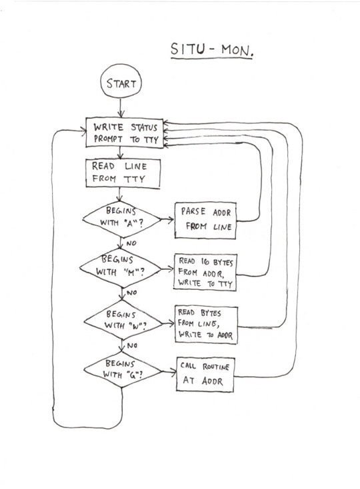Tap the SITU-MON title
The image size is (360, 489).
point(212,49)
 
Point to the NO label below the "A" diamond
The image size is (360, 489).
point(131,243)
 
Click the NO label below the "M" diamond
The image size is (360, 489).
point(131,292)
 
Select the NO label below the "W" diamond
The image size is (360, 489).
point(132,345)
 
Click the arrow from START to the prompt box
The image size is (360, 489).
point(121,108)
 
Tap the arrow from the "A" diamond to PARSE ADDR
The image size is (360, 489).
point(167,220)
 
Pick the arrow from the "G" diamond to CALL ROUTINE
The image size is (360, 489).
point(169,372)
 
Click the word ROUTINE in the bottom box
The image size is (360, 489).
point(216,366)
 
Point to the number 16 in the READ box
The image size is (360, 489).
point(205,261)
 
